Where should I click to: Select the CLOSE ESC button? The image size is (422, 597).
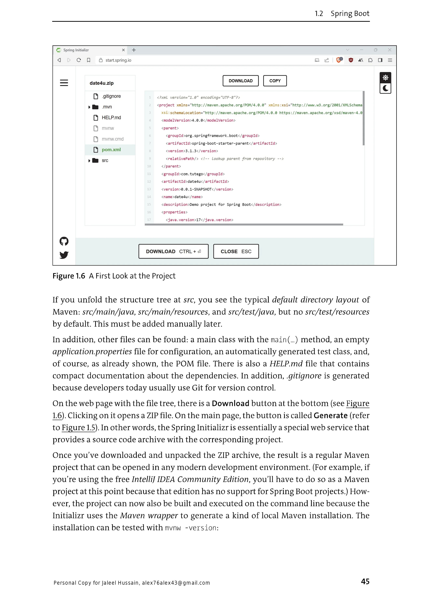(x=236, y=252)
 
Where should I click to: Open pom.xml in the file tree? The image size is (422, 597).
(x=111, y=150)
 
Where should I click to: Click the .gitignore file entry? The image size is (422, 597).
(x=111, y=96)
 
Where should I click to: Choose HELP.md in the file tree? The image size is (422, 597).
(x=111, y=118)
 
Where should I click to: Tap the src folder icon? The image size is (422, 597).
(x=95, y=160)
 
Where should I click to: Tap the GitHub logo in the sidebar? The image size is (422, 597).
(x=64, y=241)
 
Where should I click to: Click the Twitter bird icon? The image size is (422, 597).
(x=64, y=255)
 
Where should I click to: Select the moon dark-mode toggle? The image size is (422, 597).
(x=385, y=88)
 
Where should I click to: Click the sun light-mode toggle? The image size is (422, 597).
(x=385, y=78)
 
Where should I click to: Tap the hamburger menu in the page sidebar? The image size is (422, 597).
(x=64, y=83)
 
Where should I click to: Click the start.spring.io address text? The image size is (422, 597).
(x=118, y=60)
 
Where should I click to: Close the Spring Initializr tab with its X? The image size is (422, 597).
(x=123, y=50)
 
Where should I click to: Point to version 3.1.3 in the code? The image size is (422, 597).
(x=191, y=151)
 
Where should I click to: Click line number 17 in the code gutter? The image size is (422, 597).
(x=149, y=220)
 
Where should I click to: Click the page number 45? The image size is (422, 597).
(x=365, y=581)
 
